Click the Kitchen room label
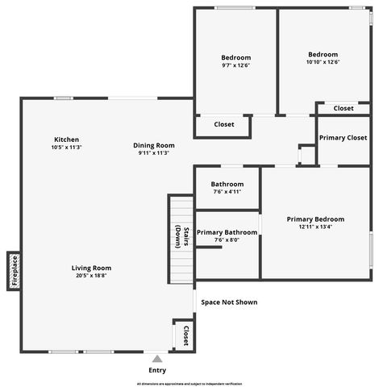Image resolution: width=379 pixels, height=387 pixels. click(66, 139)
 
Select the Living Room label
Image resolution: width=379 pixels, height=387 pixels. click(91, 268)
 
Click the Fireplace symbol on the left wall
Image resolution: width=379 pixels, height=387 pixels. click(13, 271)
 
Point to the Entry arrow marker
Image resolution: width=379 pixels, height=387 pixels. click(157, 359)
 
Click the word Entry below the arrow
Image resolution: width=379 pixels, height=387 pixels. click(157, 370)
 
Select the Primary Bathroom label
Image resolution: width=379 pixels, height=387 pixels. click(227, 232)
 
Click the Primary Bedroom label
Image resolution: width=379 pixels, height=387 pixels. click(315, 218)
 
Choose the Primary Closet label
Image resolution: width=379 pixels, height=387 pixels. click(343, 138)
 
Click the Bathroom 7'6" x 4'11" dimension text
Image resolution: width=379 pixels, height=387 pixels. click(227, 192)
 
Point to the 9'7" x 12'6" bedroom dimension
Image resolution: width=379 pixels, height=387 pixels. click(236, 65)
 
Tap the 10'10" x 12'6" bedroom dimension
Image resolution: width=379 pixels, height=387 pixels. click(323, 62)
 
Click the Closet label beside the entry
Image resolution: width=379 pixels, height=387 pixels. click(185, 334)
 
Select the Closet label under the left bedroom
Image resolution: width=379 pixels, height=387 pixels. click(224, 124)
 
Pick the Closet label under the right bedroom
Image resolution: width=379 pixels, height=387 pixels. click(343, 108)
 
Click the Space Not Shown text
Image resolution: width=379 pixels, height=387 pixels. click(229, 302)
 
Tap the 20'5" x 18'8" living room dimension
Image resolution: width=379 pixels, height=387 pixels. click(91, 276)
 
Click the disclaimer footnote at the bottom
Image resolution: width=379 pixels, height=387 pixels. click(189, 384)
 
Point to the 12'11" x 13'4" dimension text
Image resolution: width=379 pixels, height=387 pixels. click(315, 227)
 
